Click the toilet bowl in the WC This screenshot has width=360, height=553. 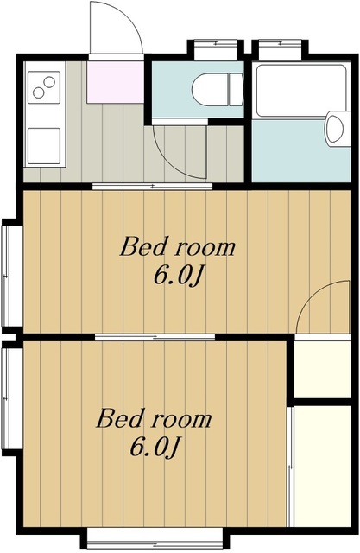(209, 89)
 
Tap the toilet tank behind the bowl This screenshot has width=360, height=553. (236, 89)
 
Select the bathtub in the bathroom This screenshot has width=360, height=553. (300, 91)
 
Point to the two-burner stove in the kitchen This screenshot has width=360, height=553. (44, 87)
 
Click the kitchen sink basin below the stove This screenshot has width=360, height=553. (44, 146)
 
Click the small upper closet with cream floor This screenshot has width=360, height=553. (322, 369)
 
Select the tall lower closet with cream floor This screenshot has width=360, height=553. (322, 467)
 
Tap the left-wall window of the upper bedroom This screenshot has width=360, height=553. (9, 276)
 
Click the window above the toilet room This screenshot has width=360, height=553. (215, 47)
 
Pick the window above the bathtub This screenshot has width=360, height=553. (280, 47)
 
